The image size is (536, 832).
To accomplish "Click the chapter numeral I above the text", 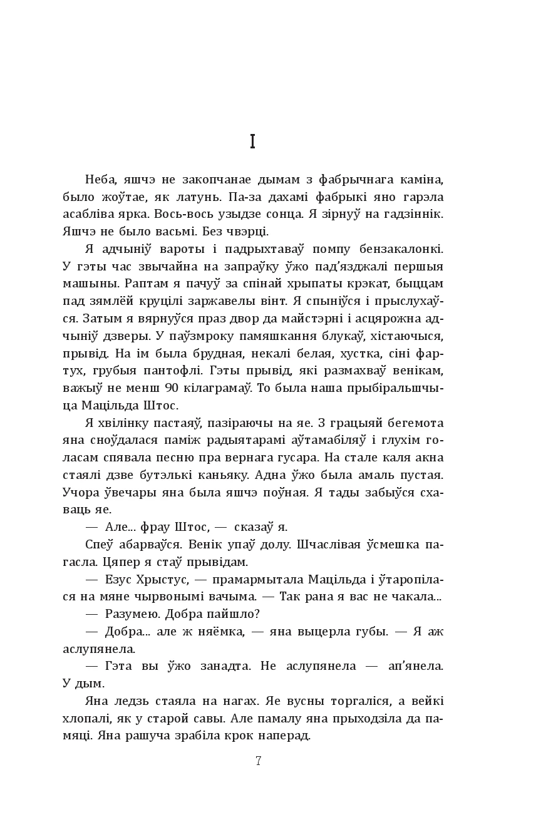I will (252, 142).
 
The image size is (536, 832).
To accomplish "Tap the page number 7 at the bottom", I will (258, 761).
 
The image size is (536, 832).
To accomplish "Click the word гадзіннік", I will (416, 214).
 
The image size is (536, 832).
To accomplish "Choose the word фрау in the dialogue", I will (154, 526).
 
